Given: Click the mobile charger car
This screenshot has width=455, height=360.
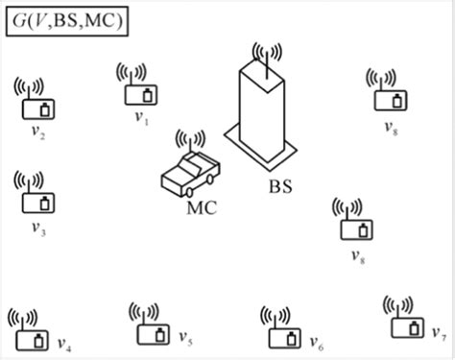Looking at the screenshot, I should point(191,173).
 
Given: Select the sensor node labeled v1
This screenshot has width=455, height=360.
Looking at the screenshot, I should point(140,94).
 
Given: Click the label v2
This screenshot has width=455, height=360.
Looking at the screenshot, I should point(39,135).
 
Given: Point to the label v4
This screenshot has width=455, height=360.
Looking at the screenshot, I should point(63,345).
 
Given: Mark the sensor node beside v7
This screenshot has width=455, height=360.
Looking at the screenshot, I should point(405,327).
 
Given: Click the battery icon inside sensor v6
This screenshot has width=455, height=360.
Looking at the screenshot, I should point(291,338).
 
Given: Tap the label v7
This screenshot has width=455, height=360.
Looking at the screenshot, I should point(438,335).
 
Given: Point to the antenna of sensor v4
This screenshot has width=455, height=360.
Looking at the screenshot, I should point(24,317).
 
